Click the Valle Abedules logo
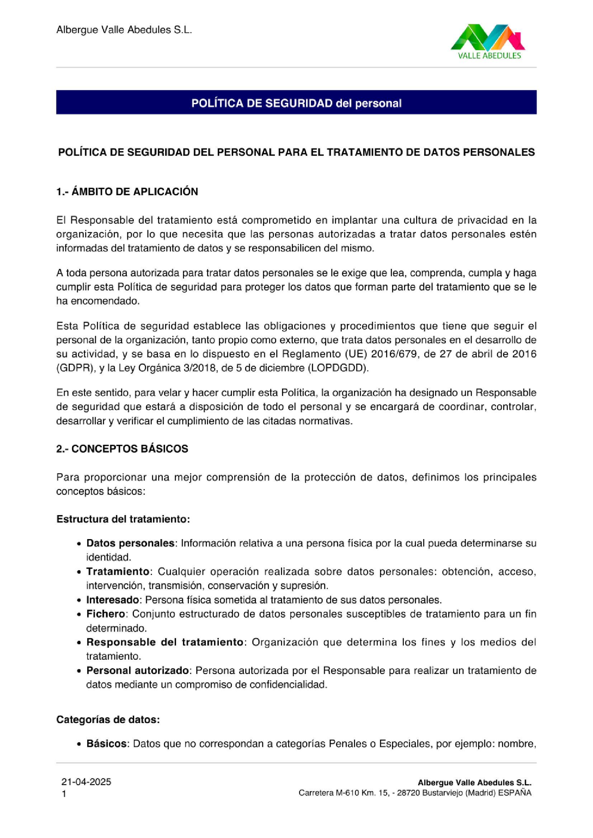pos(488,41)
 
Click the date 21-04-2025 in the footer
pos(86,782)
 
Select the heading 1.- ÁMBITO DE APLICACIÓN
pos(127,192)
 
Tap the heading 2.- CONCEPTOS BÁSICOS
pos(122,448)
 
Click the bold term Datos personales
pos(130,543)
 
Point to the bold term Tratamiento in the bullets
pos(118,571)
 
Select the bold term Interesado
pos(113,600)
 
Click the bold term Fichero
pos(105,614)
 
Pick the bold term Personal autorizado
pos(137,671)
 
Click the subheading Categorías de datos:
pos(108,719)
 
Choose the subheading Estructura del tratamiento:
pos(123,519)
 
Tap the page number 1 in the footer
pos(64,794)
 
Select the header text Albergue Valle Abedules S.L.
pos(124,30)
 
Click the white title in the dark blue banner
pos(296,103)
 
